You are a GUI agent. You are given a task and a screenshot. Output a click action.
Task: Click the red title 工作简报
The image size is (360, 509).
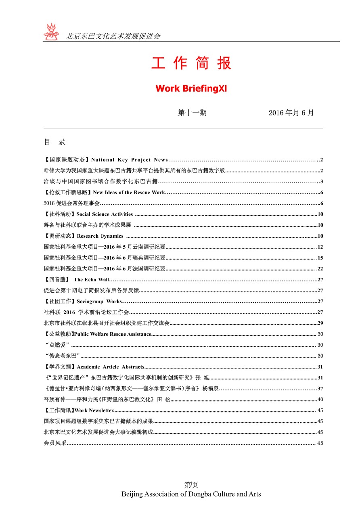(x=191, y=64)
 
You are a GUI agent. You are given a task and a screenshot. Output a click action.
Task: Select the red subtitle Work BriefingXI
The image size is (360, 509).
(x=191, y=88)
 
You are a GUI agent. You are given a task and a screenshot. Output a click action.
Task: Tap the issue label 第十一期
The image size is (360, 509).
(x=192, y=113)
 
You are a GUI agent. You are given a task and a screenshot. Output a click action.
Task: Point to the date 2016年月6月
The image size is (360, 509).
(x=291, y=113)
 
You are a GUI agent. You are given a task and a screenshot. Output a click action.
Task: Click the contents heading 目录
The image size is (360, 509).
(x=54, y=142)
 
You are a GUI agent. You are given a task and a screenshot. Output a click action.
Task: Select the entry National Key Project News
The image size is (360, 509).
(x=129, y=160)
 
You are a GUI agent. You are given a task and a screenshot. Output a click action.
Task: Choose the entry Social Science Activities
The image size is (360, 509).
(x=104, y=214)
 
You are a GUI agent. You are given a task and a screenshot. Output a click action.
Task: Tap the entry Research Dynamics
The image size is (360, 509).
(x=100, y=236)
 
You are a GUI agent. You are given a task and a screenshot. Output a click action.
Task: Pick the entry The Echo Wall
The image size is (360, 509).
(x=91, y=279)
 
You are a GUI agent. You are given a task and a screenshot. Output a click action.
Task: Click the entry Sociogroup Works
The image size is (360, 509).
(x=99, y=302)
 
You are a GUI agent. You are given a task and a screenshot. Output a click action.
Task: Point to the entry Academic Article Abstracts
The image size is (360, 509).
(x=110, y=367)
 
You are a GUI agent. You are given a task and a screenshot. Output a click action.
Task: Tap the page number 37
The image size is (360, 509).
(x=320, y=389)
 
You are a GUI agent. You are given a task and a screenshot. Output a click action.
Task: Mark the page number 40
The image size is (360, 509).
(x=320, y=400)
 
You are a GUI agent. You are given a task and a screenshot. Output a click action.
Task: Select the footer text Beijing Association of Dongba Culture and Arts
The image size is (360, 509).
(x=191, y=494)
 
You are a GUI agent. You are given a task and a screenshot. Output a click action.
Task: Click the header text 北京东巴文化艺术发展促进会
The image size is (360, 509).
(x=113, y=36)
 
